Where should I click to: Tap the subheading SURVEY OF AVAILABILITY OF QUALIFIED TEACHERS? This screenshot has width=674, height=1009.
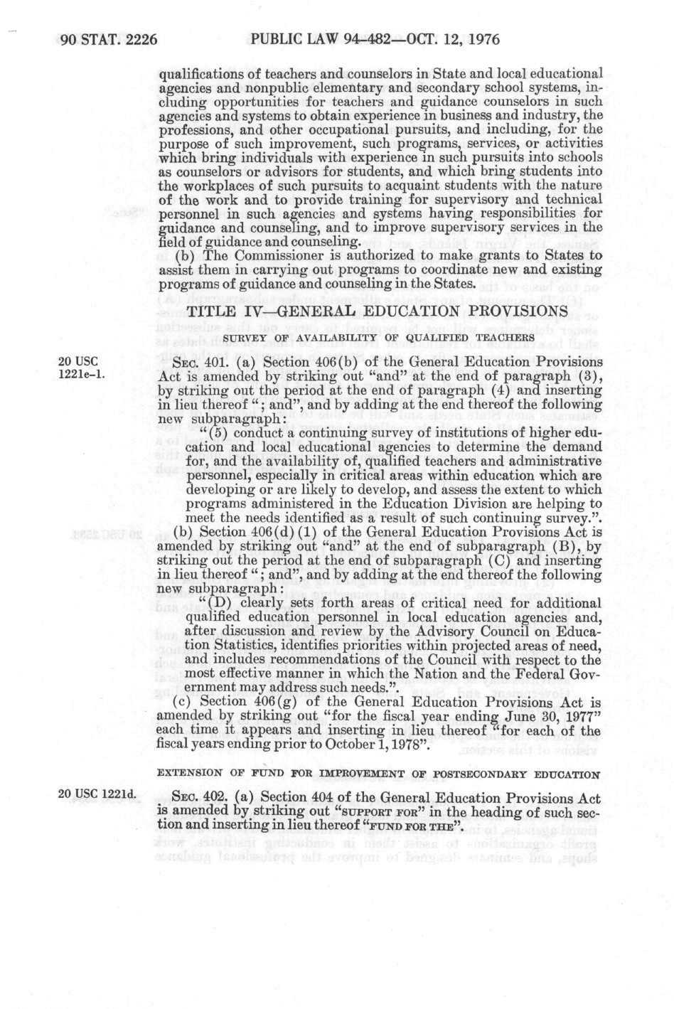point(378,336)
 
